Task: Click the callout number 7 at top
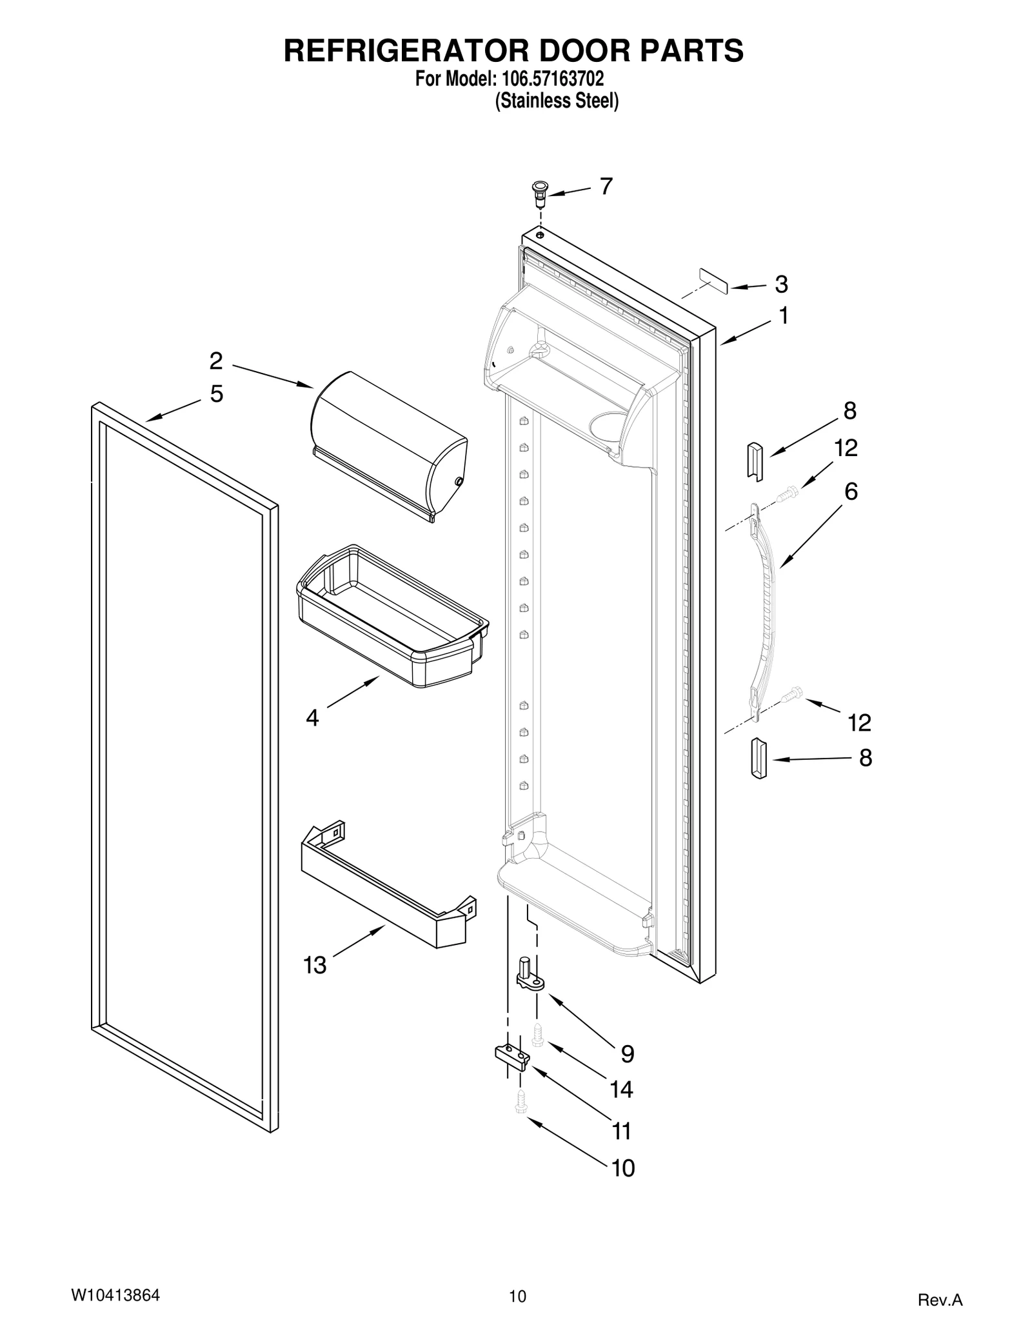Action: click(x=606, y=186)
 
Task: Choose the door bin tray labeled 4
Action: click(x=391, y=616)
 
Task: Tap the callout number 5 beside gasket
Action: click(x=217, y=394)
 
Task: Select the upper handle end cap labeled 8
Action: click(x=755, y=461)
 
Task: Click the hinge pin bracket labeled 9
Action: click(x=530, y=975)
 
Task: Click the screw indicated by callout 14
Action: click(x=537, y=1035)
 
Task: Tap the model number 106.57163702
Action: click(x=550, y=79)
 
